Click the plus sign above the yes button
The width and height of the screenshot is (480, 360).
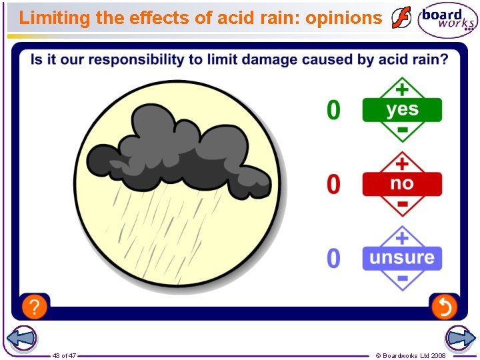click(402, 88)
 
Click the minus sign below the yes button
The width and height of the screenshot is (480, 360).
click(402, 129)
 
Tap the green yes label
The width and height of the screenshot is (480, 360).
click(402, 109)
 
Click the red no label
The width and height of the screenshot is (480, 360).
click(402, 183)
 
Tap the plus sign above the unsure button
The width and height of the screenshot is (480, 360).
click(402, 237)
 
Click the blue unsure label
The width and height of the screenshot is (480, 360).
click(402, 258)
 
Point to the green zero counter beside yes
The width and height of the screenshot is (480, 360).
click(333, 110)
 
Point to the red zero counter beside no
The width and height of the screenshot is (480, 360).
click(333, 184)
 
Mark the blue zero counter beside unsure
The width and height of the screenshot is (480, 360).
click(333, 258)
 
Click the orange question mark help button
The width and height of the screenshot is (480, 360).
click(35, 307)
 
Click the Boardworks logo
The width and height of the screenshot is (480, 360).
click(447, 20)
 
